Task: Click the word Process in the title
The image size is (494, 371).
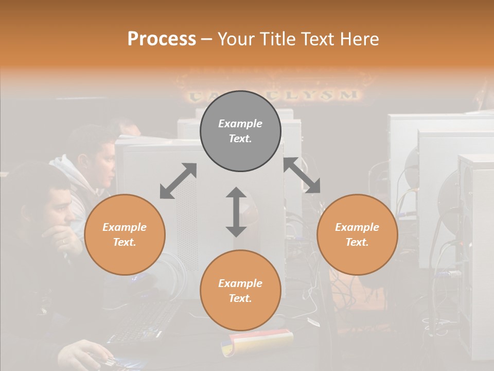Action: tap(162, 39)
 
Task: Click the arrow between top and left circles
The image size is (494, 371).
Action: tap(178, 181)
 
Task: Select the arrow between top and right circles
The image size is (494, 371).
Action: tap(302, 175)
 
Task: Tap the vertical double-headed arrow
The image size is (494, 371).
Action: tap(236, 212)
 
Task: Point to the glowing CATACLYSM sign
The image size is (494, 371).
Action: tap(273, 95)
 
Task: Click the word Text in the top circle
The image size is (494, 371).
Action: tap(240, 139)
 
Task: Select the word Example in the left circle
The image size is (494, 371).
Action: tap(125, 227)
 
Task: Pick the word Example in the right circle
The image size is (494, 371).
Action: tap(357, 227)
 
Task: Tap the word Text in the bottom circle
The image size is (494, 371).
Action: tap(240, 298)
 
